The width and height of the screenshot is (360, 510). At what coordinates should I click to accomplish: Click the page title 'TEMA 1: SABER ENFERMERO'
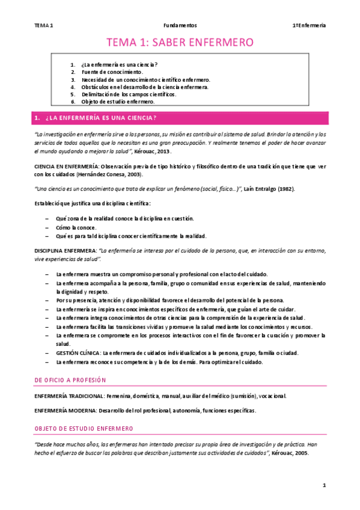click(x=180, y=42)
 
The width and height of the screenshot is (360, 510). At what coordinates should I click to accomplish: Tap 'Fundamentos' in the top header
click(x=180, y=25)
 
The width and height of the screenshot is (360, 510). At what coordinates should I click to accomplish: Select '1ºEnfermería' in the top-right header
click(x=309, y=25)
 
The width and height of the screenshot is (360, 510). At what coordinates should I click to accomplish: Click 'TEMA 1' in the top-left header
click(x=43, y=25)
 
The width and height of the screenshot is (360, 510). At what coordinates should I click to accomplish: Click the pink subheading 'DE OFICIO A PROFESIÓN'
click(x=70, y=380)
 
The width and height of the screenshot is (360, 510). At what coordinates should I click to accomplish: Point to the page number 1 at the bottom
click(x=323, y=485)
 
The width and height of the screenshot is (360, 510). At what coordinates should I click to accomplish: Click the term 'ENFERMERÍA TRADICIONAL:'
click(x=69, y=396)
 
